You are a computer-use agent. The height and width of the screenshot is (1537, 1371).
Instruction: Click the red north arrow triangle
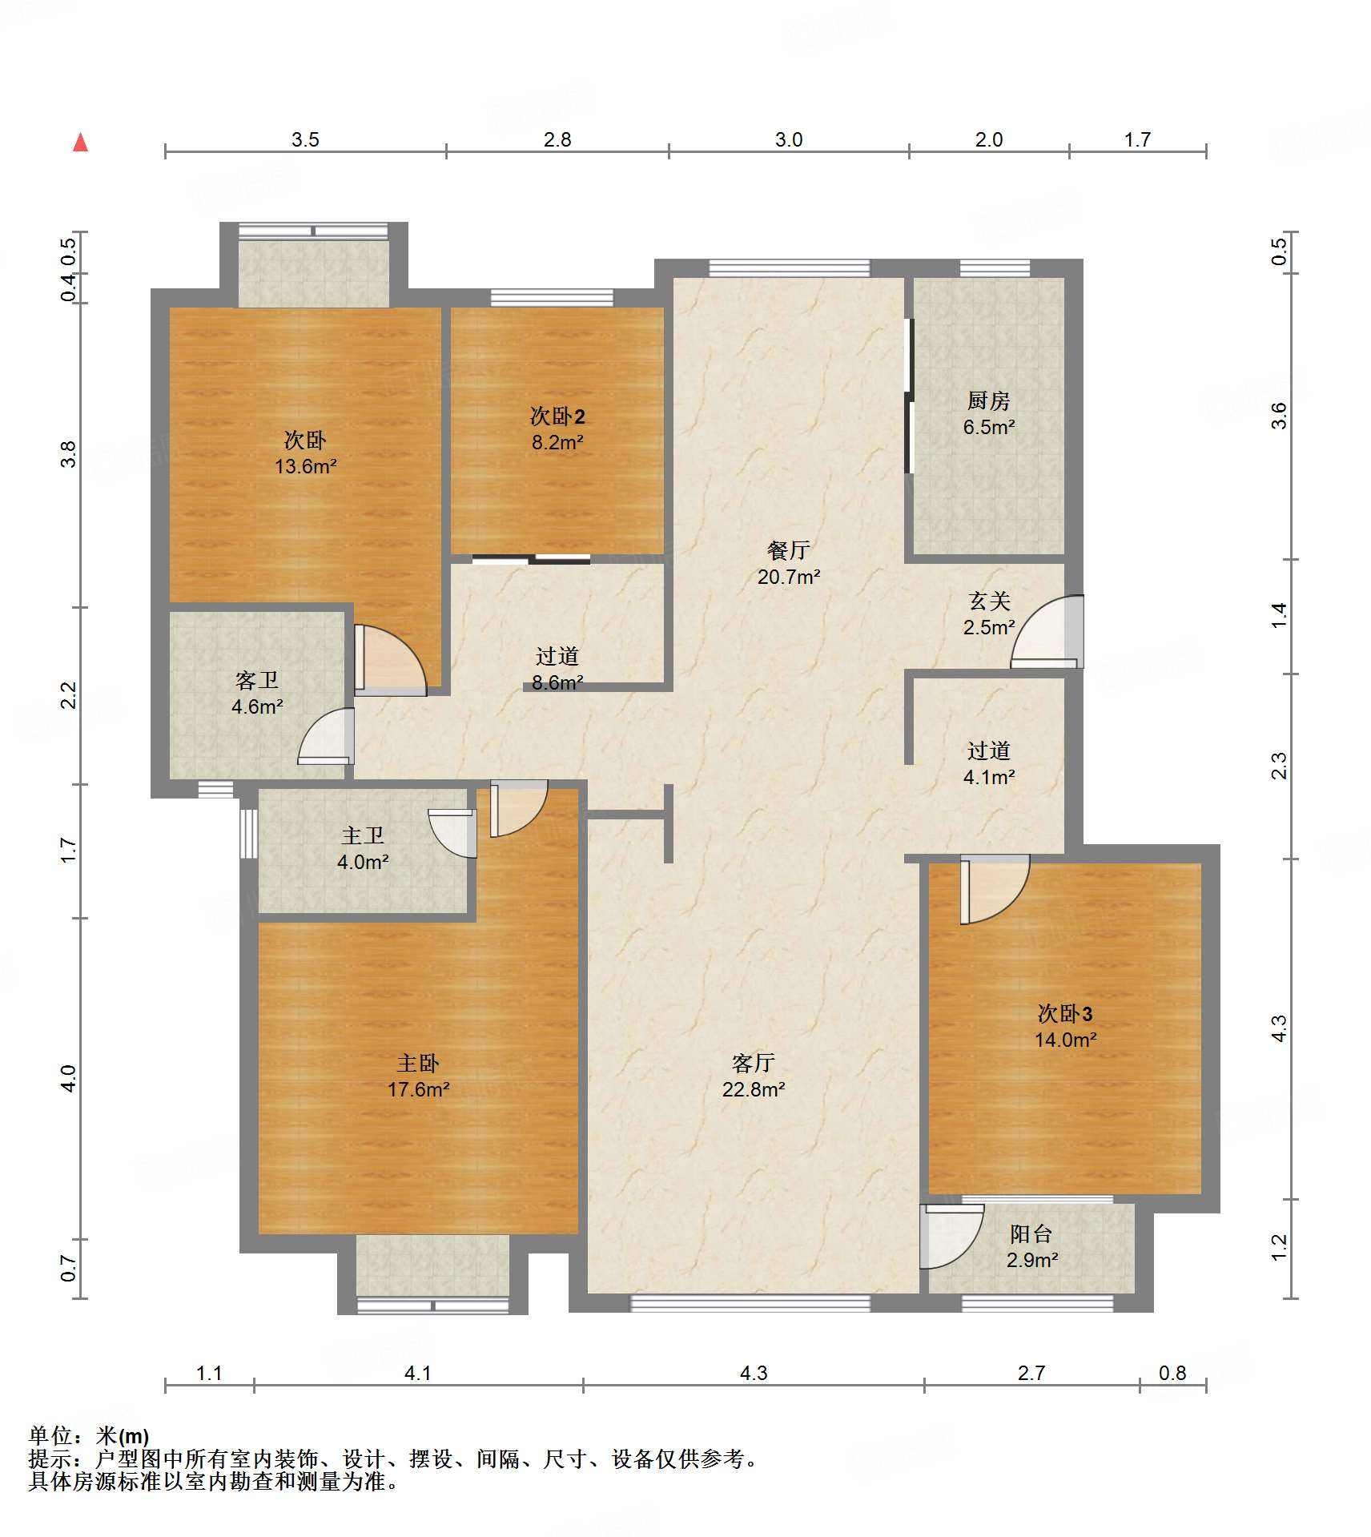(80, 143)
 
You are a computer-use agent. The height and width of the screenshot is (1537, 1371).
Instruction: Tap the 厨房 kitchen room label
(988, 400)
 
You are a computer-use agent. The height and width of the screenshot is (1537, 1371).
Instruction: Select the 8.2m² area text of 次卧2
(557, 442)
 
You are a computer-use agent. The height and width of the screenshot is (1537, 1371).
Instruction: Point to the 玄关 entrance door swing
(1047, 631)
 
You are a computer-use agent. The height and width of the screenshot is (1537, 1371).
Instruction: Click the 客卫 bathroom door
(326, 736)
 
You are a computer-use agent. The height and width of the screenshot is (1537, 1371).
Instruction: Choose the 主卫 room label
(363, 835)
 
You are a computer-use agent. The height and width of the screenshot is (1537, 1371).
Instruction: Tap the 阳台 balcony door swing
(951, 1237)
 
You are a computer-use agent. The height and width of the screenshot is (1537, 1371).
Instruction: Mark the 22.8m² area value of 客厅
(754, 1089)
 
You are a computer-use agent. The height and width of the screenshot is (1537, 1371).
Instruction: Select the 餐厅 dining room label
(789, 550)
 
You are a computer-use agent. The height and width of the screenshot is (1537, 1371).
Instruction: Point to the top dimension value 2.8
(557, 139)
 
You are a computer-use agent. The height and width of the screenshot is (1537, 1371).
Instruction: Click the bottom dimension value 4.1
(417, 1373)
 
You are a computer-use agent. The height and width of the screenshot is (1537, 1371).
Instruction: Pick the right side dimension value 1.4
(1279, 615)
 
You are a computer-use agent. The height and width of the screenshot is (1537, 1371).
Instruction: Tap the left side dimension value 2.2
(69, 694)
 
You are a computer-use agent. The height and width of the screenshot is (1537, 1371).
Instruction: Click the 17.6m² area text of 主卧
(418, 1089)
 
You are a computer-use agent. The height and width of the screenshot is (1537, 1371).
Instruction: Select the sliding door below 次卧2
(531, 559)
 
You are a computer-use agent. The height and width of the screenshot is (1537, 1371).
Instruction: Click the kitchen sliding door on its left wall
(909, 396)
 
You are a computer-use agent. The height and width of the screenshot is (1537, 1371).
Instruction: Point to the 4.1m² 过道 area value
(989, 777)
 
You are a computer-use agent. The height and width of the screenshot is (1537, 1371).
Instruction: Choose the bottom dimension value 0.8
(1172, 1373)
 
